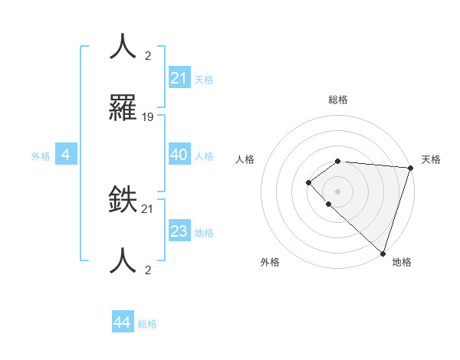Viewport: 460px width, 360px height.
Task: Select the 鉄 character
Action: (123, 200)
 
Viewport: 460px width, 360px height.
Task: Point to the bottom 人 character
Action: (123, 261)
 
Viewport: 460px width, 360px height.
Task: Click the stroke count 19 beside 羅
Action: (148, 117)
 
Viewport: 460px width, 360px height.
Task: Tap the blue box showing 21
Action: (179, 77)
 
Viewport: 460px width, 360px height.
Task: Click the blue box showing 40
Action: (179, 155)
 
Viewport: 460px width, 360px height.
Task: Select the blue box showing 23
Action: (179, 231)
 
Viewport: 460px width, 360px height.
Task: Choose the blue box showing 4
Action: (66, 155)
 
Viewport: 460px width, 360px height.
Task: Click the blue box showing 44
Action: (123, 322)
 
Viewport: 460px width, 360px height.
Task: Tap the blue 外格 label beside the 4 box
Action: (41, 156)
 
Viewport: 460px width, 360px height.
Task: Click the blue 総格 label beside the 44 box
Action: (147, 324)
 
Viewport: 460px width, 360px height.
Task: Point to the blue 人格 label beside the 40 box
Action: (204, 156)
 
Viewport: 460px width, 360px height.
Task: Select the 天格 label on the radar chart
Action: (431, 159)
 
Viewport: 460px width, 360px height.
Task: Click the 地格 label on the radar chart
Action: (402, 262)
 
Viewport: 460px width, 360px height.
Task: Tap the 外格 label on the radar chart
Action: (270, 262)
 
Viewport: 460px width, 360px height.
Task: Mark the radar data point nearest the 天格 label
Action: (410, 168)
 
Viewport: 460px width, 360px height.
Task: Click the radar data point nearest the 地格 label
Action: (382, 253)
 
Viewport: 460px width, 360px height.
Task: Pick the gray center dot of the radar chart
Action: (337, 190)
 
